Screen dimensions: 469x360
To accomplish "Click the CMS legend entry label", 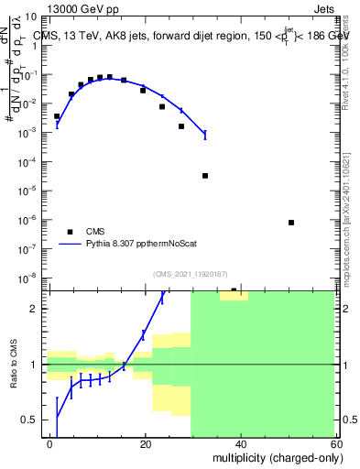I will click(95, 231).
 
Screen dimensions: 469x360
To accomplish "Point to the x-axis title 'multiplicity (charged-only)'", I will click(276, 456).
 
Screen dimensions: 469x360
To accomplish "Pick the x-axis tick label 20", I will click(145, 444).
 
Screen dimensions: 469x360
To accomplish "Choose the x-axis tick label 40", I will click(240, 444).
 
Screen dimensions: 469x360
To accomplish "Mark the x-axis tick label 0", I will click(50, 444).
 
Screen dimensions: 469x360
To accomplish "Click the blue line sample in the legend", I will click(70, 245).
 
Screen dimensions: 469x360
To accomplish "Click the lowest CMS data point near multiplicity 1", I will click(57, 116).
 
